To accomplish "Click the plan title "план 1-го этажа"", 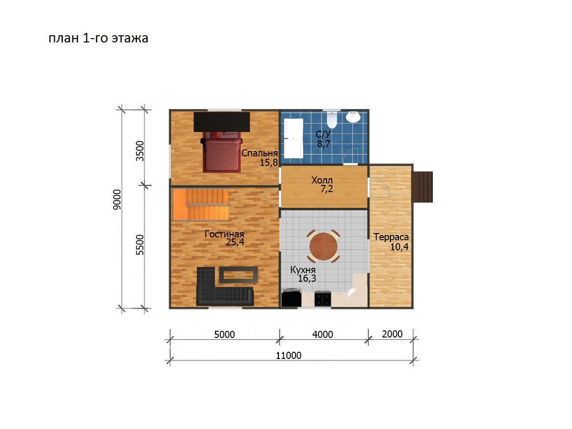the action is pyautogui.click(x=98, y=38).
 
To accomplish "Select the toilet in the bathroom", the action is pyautogui.click(x=332, y=120).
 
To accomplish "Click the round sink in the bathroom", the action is pyautogui.click(x=353, y=117).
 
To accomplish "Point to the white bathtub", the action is pyautogui.click(x=294, y=138).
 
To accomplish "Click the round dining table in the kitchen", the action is pyautogui.click(x=323, y=246).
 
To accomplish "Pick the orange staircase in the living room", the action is pyautogui.click(x=200, y=204).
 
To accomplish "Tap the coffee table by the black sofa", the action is pyautogui.click(x=238, y=275).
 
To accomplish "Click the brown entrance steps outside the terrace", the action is pyautogui.click(x=422, y=187).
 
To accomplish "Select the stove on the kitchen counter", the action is pyautogui.click(x=323, y=298).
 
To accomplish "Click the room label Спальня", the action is pyautogui.click(x=259, y=153).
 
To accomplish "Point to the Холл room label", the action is pyautogui.click(x=322, y=180).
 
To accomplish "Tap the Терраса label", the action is pyautogui.click(x=391, y=237).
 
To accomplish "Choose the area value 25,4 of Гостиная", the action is pyautogui.click(x=235, y=242).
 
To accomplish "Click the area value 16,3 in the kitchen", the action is pyautogui.click(x=307, y=278).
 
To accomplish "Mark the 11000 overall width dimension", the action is pyautogui.click(x=288, y=355).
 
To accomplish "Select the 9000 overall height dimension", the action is pyautogui.click(x=117, y=200).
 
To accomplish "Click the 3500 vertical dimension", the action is pyautogui.click(x=140, y=151).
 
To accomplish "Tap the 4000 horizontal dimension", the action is pyautogui.click(x=323, y=335).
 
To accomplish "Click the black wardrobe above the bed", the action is pyautogui.click(x=222, y=122).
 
